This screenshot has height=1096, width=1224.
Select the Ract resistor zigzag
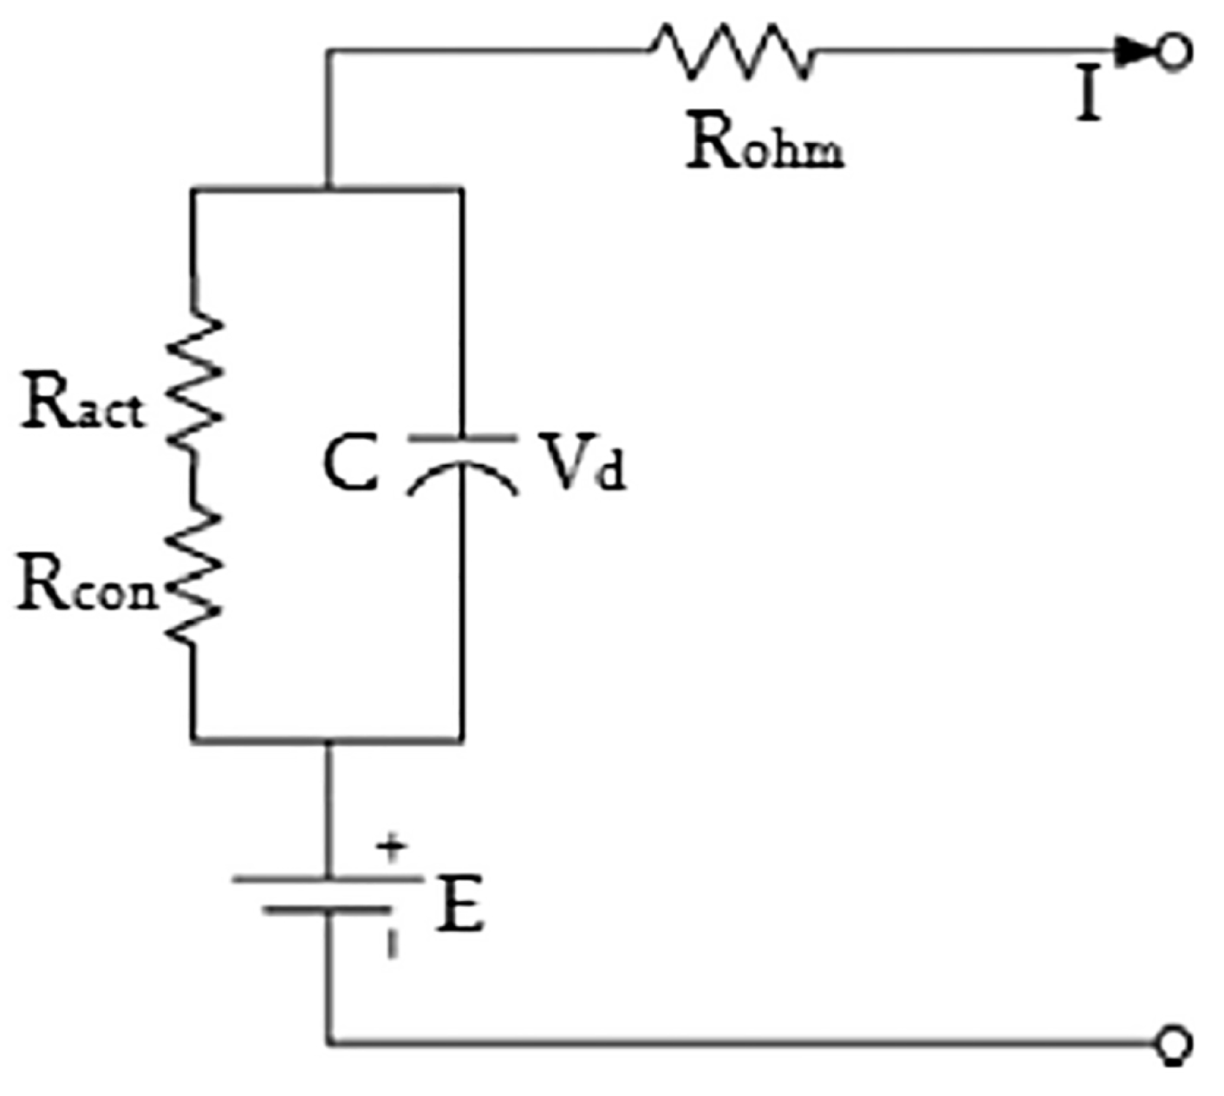pos(194,382)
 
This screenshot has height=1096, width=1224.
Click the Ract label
pos(82,404)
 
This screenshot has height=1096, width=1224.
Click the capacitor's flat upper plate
pos(462,439)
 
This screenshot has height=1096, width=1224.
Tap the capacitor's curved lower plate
pos(462,473)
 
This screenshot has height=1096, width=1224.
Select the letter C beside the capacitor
pos(350,464)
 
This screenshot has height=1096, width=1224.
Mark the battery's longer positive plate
pos(328,878)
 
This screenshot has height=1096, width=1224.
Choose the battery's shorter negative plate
pos(328,910)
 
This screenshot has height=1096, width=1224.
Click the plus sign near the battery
pos(393,849)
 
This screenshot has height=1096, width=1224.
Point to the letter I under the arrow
pos(1090,97)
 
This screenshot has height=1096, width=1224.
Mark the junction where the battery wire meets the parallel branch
pos(328,740)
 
